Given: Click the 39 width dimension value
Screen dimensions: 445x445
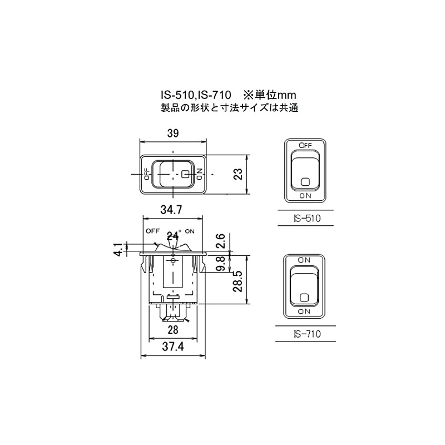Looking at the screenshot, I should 173,133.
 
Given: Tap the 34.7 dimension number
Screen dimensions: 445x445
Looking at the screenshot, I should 173,210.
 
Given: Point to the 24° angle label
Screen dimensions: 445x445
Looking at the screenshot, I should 175,235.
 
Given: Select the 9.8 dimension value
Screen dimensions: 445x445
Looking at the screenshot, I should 220,263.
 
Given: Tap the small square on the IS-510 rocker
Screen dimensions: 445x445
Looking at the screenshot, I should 305,181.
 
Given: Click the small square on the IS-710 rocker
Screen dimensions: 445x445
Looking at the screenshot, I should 305,297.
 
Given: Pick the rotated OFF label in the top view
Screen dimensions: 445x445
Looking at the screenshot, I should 147,175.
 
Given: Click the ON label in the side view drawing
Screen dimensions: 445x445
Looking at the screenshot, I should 190,230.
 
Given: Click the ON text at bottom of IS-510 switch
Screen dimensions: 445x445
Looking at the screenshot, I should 305,196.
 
